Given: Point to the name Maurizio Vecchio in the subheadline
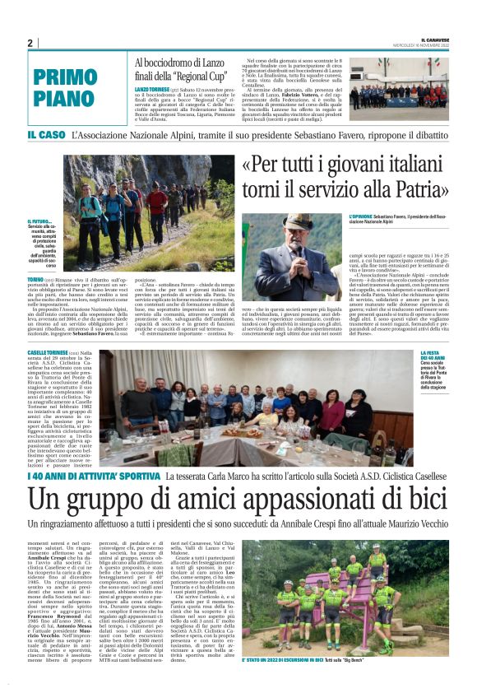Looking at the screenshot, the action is click(x=412, y=523).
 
